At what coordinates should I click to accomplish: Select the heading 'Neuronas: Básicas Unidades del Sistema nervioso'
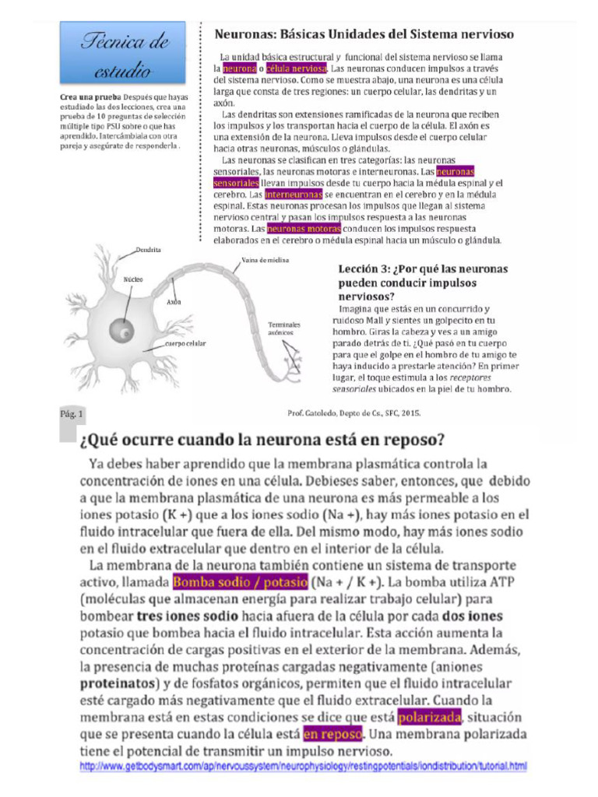click(x=364, y=35)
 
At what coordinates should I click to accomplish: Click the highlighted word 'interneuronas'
click(x=293, y=194)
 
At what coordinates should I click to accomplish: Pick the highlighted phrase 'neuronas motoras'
click(x=304, y=230)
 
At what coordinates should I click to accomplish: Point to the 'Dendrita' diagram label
click(x=148, y=250)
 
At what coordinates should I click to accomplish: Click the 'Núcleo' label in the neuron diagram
click(x=133, y=278)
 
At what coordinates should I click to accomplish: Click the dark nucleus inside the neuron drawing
click(x=120, y=332)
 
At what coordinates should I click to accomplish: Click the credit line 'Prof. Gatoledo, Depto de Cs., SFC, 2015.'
click(x=354, y=414)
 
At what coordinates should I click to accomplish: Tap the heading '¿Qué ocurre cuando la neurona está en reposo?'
click(x=262, y=441)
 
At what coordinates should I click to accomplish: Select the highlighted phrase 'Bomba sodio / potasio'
click(x=240, y=581)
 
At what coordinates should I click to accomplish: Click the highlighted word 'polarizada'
click(x=430, y=716)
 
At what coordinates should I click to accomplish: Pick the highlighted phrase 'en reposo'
click(x=332, y=734)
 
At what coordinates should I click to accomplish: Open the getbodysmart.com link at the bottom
click(x=304, y=767)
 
